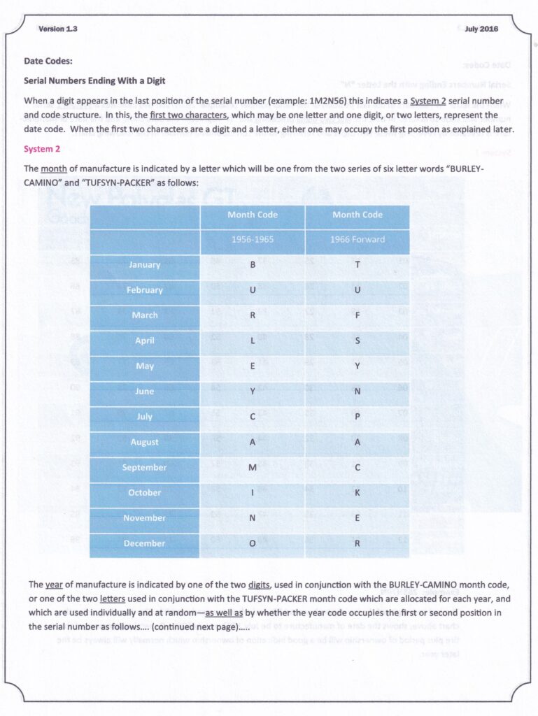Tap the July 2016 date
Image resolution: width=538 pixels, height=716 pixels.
tap(481, 29)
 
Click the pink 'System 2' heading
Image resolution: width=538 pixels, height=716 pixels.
tap(43, 149)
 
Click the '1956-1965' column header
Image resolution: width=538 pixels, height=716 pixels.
tap(253, 239)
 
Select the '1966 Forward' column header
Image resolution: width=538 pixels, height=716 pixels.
tap(358, 239)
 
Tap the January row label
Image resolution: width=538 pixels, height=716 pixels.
tap(144, 265)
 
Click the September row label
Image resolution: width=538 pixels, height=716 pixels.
tap(144, 467)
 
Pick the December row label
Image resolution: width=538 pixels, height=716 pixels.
tap(144, 543)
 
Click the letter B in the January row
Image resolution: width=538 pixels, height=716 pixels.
tap(253, 265)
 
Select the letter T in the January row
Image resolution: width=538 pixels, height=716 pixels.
tap(358, 265)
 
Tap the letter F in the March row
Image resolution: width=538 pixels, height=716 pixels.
tap(358, 315)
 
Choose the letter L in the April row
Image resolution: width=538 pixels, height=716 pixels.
tap(253, 341)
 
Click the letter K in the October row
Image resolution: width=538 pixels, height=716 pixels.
tap(358, 493)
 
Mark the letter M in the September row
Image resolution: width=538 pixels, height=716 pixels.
tap(253, 467)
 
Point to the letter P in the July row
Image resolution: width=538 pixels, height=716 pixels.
tap(358, 417)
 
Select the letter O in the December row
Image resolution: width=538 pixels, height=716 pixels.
tap(253, 543)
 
